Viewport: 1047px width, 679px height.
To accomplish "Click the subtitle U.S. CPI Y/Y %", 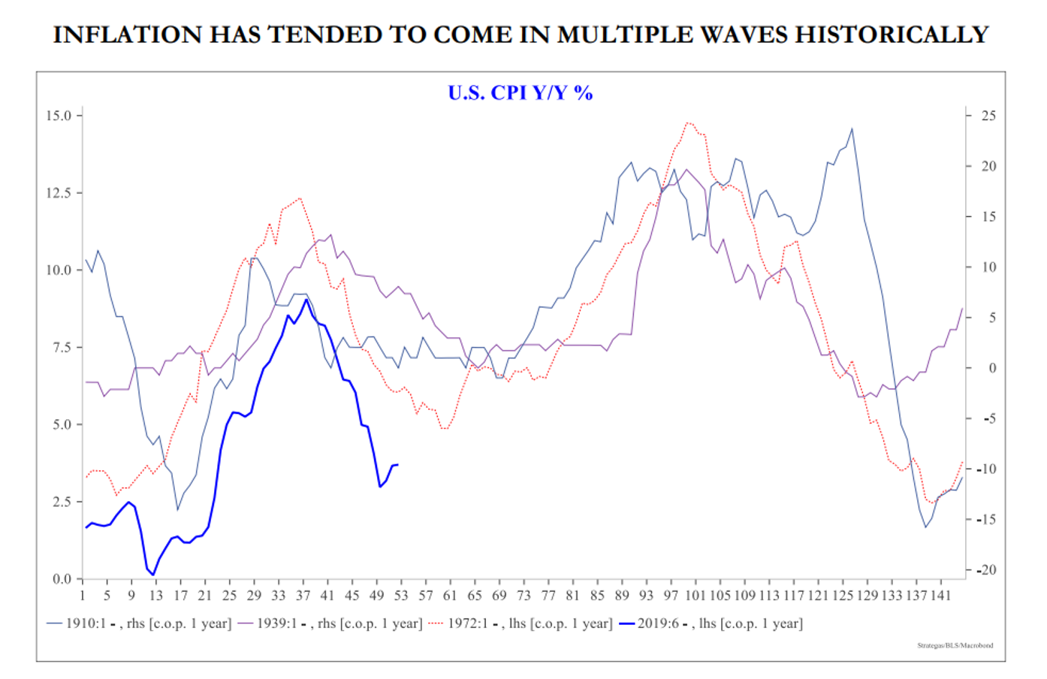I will [520, 93].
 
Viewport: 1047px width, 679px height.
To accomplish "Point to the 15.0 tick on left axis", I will [59, 116].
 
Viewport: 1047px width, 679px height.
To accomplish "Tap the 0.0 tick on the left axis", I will [62, 579].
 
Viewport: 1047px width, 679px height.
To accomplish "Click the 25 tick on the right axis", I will [988, 116].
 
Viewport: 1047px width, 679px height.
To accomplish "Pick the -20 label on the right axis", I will [986, 570].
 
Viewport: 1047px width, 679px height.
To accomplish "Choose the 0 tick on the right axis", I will [992, 368].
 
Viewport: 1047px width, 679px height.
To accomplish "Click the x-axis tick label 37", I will [303, 596].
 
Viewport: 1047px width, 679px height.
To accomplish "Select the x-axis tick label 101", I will [695, 596].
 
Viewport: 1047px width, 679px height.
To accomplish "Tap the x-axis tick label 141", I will [940, 596].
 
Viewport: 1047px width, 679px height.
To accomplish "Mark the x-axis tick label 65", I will [475, 596].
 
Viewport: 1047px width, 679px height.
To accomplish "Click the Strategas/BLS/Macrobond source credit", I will [955, 645].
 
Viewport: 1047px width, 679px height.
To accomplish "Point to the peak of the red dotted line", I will [689, 122].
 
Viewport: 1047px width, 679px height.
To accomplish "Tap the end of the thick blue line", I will [397, 465].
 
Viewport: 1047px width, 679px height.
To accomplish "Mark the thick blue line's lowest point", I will [153, 575].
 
